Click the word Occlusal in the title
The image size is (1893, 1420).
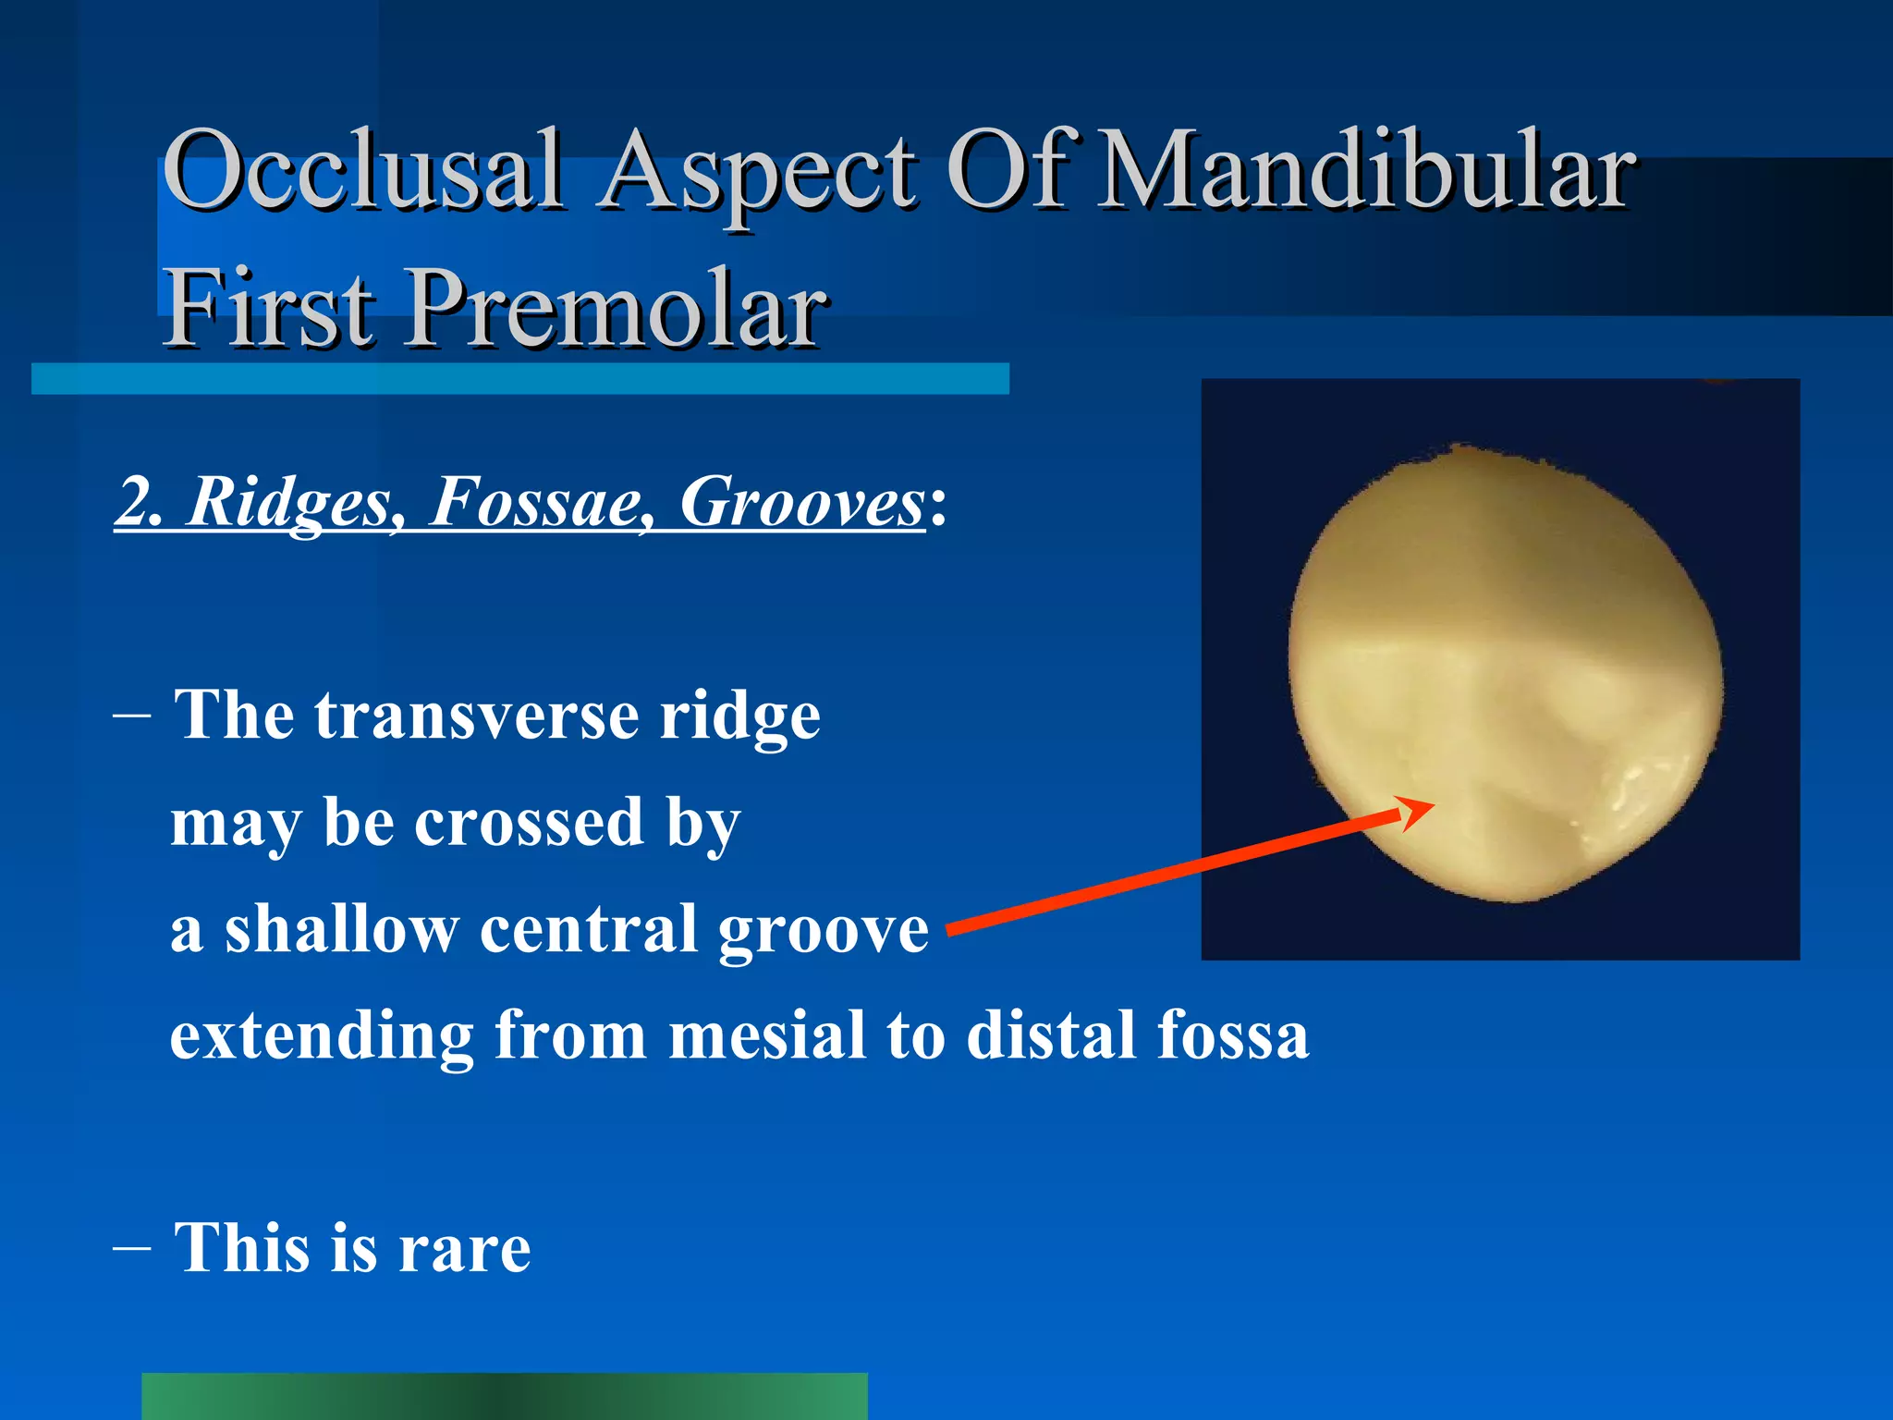[x=362, y=171]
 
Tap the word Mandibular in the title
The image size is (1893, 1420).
[x=1366, y=171]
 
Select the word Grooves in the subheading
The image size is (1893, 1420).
[x=800, y=504]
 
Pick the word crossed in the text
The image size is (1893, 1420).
[x=529, y=822]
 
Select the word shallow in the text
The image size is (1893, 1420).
[x=341, y=928]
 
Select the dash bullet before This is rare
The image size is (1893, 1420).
[x=131, y=1247]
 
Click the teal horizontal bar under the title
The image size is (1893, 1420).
[x=519, y=378]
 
